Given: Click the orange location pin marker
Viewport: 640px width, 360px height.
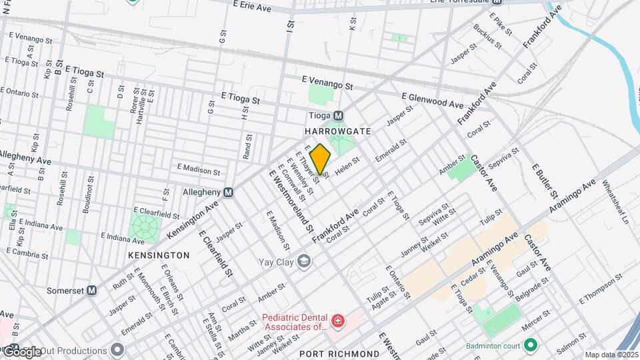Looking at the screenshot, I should click(x=321, y=159).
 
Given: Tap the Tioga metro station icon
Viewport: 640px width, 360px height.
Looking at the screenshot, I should click(x=338, y=115).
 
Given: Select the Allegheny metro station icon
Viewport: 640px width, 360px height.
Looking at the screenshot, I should click(x=229, y=192).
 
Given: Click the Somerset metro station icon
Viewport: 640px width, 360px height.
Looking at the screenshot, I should click(x=92, y=291).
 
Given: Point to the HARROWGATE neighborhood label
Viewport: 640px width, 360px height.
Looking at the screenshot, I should click(x=338, y=131).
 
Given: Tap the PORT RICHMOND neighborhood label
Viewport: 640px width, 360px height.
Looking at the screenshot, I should click(x=339, y=353).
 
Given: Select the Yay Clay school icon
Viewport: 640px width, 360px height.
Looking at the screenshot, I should click(x=304, y=260).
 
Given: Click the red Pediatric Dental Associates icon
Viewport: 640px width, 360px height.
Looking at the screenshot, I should click(x=338, y=322).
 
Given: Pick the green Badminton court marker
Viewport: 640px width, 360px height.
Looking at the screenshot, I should click(x=531, y=345).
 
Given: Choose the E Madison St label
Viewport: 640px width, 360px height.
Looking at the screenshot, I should click(x=198, y=170).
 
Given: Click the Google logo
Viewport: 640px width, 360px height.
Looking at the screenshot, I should click(x=22, y=351).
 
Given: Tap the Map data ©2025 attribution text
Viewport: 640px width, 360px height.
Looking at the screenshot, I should click(x=612, y=355).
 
